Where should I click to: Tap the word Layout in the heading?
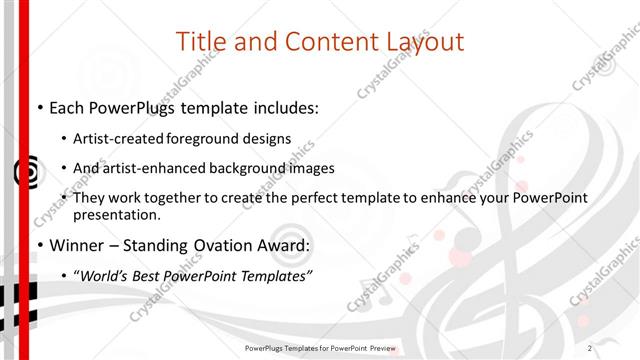422,42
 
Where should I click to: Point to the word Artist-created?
119,139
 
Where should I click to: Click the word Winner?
74,245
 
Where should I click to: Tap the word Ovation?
224,245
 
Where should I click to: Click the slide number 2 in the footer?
590,348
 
